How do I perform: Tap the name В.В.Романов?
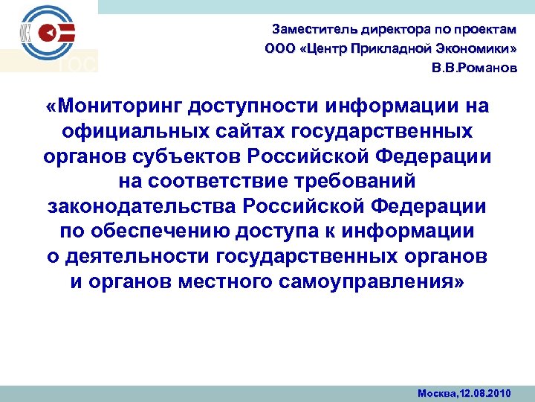coord(473,68)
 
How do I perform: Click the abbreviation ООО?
coord(279,50)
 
